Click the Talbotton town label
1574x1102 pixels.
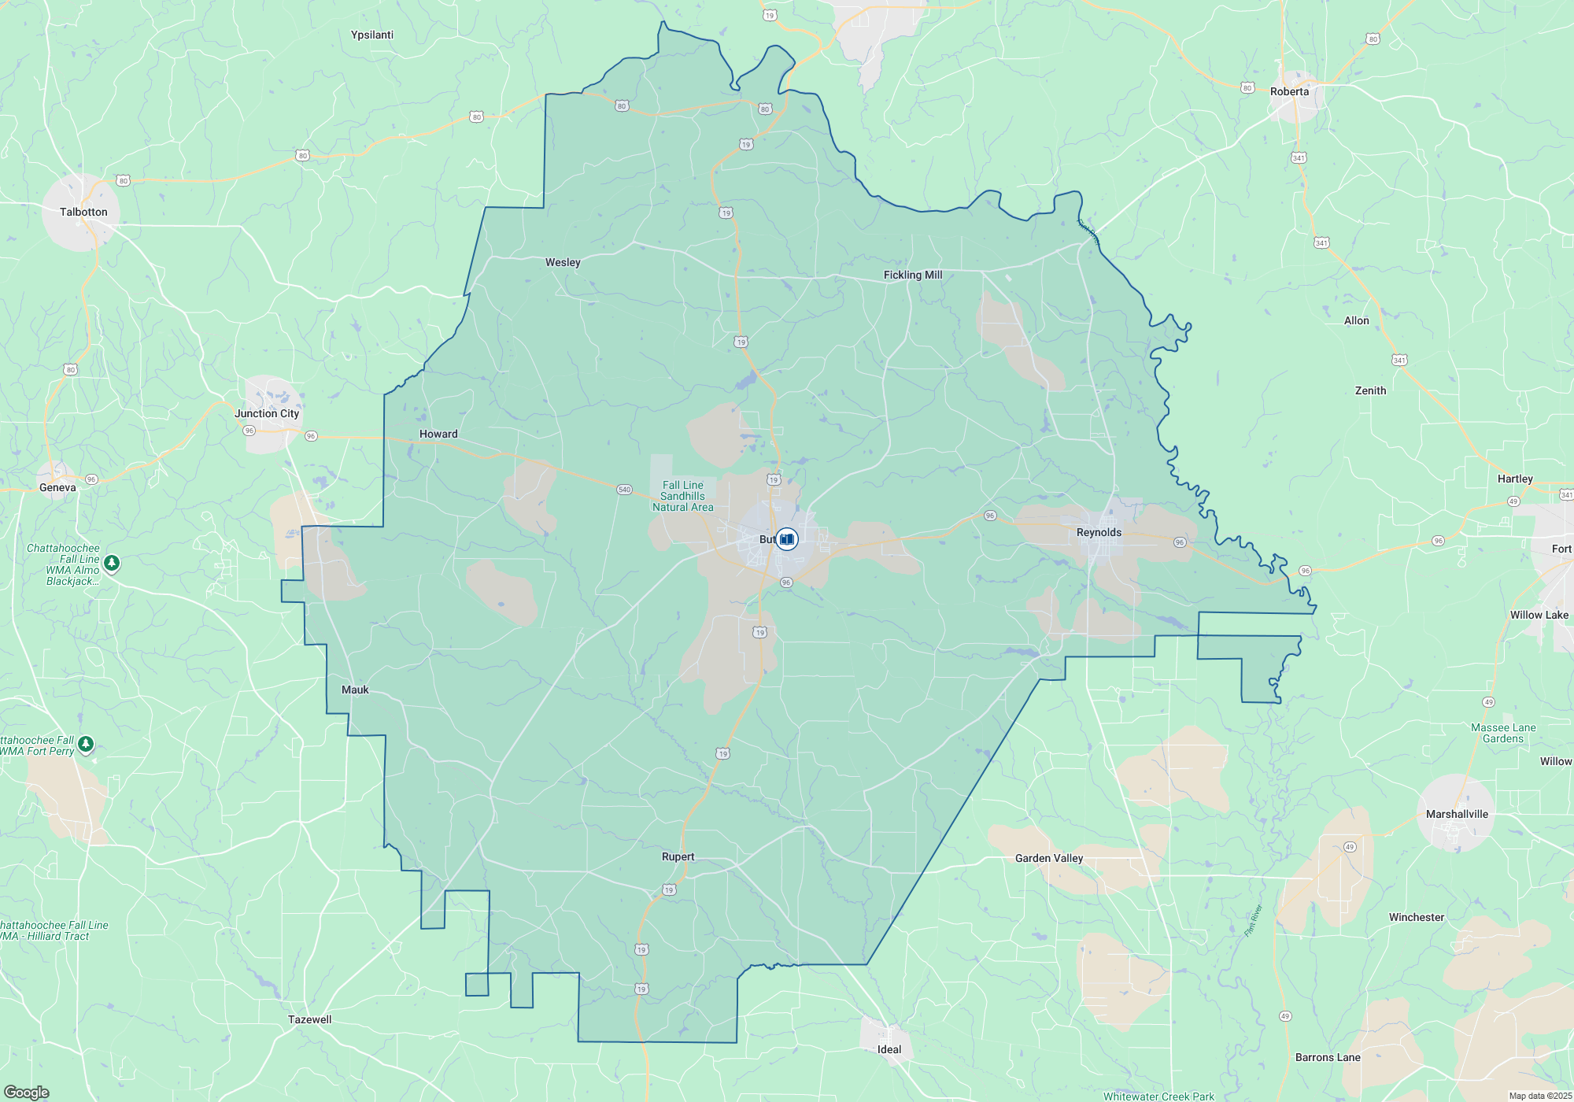click(x=83, y=212)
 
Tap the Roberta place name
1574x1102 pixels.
click(x=1289, y=91)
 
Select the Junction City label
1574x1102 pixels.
click(x=267, y=413)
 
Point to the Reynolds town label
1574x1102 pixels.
click(x=1099, y=532)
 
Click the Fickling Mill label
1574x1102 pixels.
click(x=912, y=275)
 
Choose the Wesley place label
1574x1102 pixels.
click(x=563, y=262)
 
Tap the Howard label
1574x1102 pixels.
click(x=438, y=434)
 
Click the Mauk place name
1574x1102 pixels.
click(x=355, y=690)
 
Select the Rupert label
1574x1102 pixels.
click(x=678, y=856)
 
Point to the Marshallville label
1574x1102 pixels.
click(x=1457, y=814)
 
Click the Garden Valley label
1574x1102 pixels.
click(x=1049, y=858)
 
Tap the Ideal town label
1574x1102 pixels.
click(x=889, y=1049)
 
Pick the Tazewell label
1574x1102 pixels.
click(x=310, y=1019)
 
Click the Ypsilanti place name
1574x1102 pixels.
click(x=372, y=35)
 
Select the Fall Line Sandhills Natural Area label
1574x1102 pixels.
click(x=682, y=496)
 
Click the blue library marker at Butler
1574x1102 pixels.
click(x=787, y=539)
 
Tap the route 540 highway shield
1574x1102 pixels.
click(x=624, y=490)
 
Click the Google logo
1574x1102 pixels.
click(x=27, y=1092)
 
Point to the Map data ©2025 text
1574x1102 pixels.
click(x=1540, y=1096)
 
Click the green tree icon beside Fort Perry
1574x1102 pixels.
click(x=86, y=743)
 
